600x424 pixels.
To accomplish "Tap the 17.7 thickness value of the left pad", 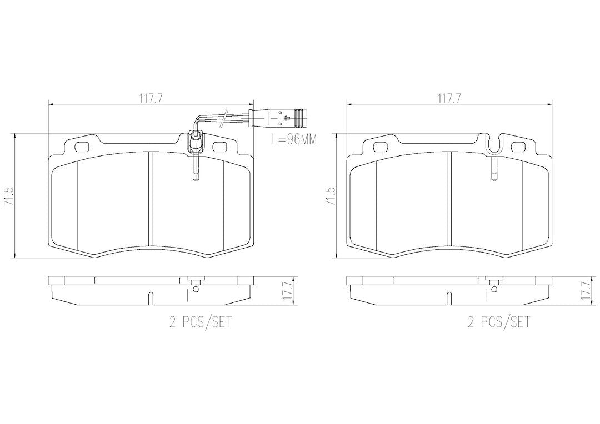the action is (288, 291).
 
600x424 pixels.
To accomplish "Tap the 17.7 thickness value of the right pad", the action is (586, 291).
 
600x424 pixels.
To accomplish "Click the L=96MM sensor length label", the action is (294, 139).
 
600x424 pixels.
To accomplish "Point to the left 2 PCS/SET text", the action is (201, 322).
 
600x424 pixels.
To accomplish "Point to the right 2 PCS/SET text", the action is (499, 322).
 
